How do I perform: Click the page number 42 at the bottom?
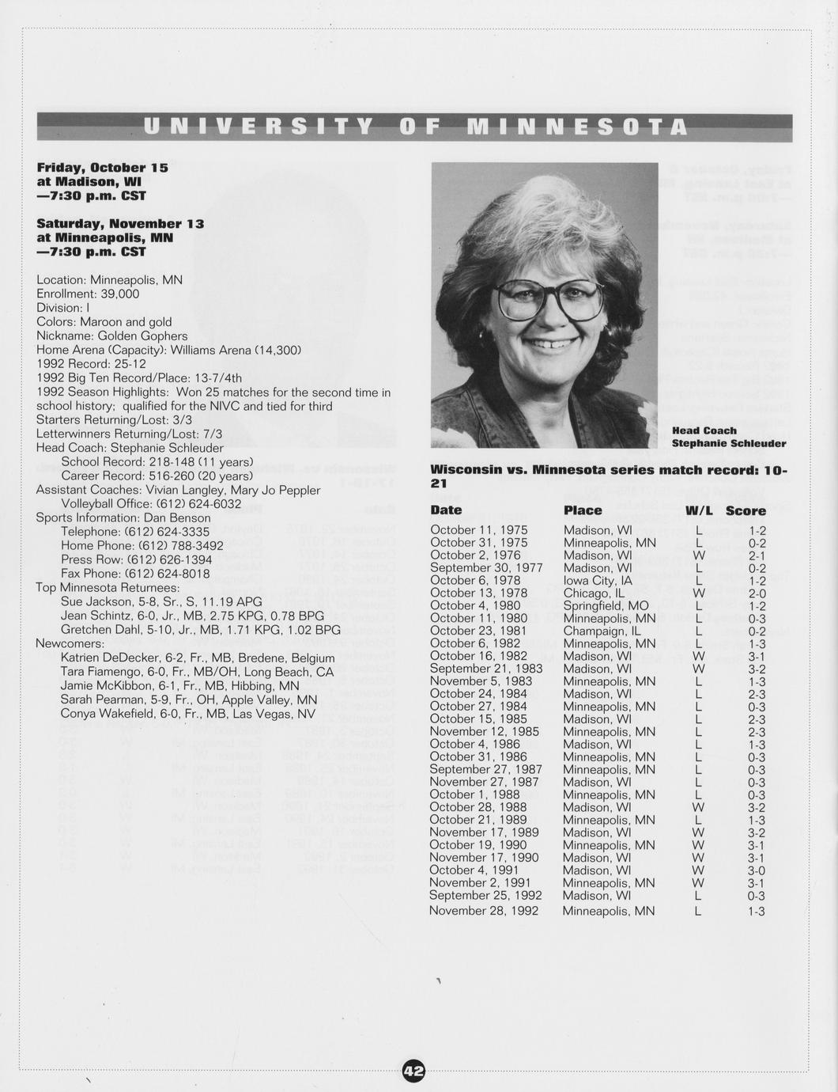[x=414, y=1071]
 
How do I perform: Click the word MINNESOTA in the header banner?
[x=577, y=127]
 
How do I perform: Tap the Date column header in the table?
[x=446, y=510]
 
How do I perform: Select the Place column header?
[x=583, y=510]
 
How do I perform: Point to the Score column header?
[x=746, y=511]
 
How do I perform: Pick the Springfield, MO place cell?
[x=606, y=605]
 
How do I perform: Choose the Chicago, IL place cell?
[x=594, y=593]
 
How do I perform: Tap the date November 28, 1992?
[x=484, y=911]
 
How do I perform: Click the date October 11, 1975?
[x=479, y=530]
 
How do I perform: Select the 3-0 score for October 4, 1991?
[x=757, y=870]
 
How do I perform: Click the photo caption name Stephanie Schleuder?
[x=729, y=444]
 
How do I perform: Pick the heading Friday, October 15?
[x=102, y=168]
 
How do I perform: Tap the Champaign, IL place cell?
[x=602, y=631]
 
